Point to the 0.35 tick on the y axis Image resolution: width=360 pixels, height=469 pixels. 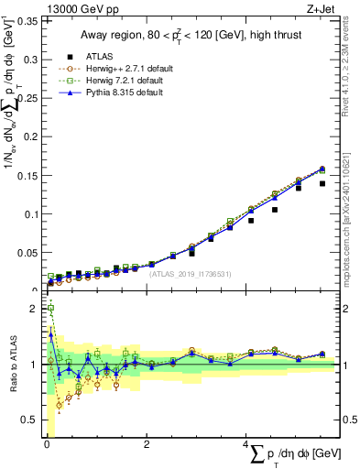[31, 20]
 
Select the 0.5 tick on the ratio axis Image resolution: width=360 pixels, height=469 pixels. [32, 420]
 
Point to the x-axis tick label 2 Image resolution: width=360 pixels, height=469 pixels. [147, 443]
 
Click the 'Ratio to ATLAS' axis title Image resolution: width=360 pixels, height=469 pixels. [13, 364]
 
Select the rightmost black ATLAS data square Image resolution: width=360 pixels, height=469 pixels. [322, 183]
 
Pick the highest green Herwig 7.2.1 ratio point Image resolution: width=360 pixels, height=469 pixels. [49, 310]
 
